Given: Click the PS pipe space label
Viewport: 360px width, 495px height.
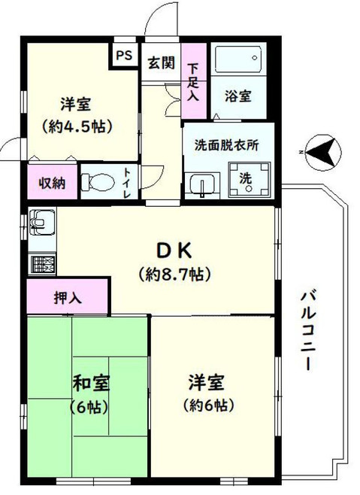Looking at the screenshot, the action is point(124,56).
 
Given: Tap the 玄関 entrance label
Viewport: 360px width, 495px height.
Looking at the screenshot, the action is point(162,62).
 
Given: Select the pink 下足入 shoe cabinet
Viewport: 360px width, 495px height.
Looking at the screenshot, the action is point(194,80).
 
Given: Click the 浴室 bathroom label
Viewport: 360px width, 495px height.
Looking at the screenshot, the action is point(238,96).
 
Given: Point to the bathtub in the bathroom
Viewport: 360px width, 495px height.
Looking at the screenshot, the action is point(238,59).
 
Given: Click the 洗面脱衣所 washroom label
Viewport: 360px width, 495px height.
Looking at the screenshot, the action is point(226,145).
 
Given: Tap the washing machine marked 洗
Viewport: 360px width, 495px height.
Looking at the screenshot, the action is point(250,180).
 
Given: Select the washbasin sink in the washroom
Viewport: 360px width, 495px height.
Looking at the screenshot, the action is point(203,186).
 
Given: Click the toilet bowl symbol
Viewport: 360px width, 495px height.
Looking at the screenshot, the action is point(98,183).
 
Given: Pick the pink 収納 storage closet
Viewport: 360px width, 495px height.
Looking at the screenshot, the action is point(53,182).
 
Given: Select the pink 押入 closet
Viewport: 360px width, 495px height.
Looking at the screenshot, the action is point(68,296).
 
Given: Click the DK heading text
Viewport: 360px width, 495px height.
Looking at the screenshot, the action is point(174,251).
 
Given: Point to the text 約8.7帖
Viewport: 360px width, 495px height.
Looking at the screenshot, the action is point(174,274).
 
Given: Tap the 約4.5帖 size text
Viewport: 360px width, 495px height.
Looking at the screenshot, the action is point(77,126).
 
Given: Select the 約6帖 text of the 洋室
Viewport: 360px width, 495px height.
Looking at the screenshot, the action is point(208,405).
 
